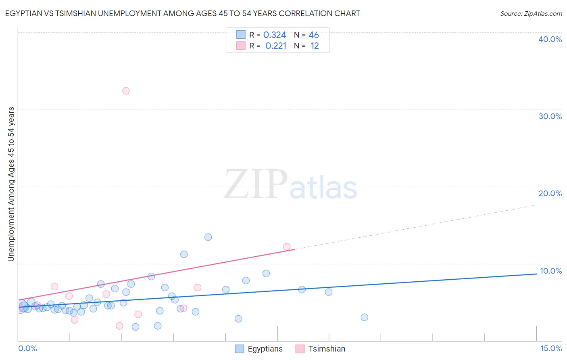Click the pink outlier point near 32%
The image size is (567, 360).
126,91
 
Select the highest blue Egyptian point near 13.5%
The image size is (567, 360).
208,237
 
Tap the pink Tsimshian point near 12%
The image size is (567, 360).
287,247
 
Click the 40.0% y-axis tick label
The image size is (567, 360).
550,39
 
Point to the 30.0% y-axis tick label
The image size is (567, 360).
550,116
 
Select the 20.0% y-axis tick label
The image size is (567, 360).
550,193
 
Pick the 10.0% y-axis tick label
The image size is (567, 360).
550,271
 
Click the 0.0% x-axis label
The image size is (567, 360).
27,348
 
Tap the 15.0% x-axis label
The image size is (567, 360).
551,348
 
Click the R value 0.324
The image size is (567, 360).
275,35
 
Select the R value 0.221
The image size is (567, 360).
276,46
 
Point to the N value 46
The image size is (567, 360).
314,35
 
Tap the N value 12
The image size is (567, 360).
315,46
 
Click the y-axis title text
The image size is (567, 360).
11,184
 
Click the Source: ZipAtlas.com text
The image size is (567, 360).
531,14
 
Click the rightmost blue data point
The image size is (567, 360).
364,317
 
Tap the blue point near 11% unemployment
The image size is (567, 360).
184,254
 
